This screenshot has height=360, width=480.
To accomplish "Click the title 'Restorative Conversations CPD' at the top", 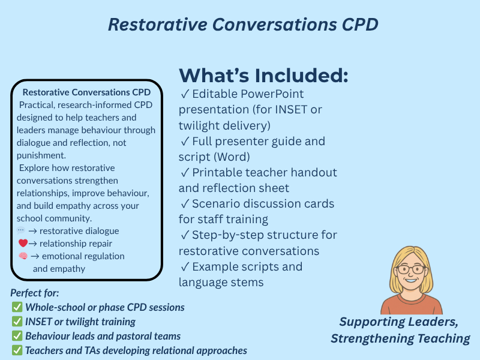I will click(243, 25).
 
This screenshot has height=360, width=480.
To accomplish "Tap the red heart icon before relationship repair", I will click(23, 244).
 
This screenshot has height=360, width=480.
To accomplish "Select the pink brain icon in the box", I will click(23, 256).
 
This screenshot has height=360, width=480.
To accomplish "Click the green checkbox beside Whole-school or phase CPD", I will click(17, 307).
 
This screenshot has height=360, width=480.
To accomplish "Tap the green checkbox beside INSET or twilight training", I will click(17, 322).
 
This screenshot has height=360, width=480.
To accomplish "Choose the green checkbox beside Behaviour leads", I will click(17, 336).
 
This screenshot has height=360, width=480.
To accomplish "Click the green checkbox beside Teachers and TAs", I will click(17, 350).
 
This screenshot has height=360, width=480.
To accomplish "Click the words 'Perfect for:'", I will click(35, 293).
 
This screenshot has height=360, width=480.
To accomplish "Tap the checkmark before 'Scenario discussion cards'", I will click(185, 203).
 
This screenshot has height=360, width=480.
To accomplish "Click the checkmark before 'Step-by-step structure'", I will click(185, 235).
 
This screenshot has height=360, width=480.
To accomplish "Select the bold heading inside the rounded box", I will click(86, 92).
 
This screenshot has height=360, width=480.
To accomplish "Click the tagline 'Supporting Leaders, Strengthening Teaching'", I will click(400, 330).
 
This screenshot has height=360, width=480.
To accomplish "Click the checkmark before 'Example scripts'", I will click(185, 266).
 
